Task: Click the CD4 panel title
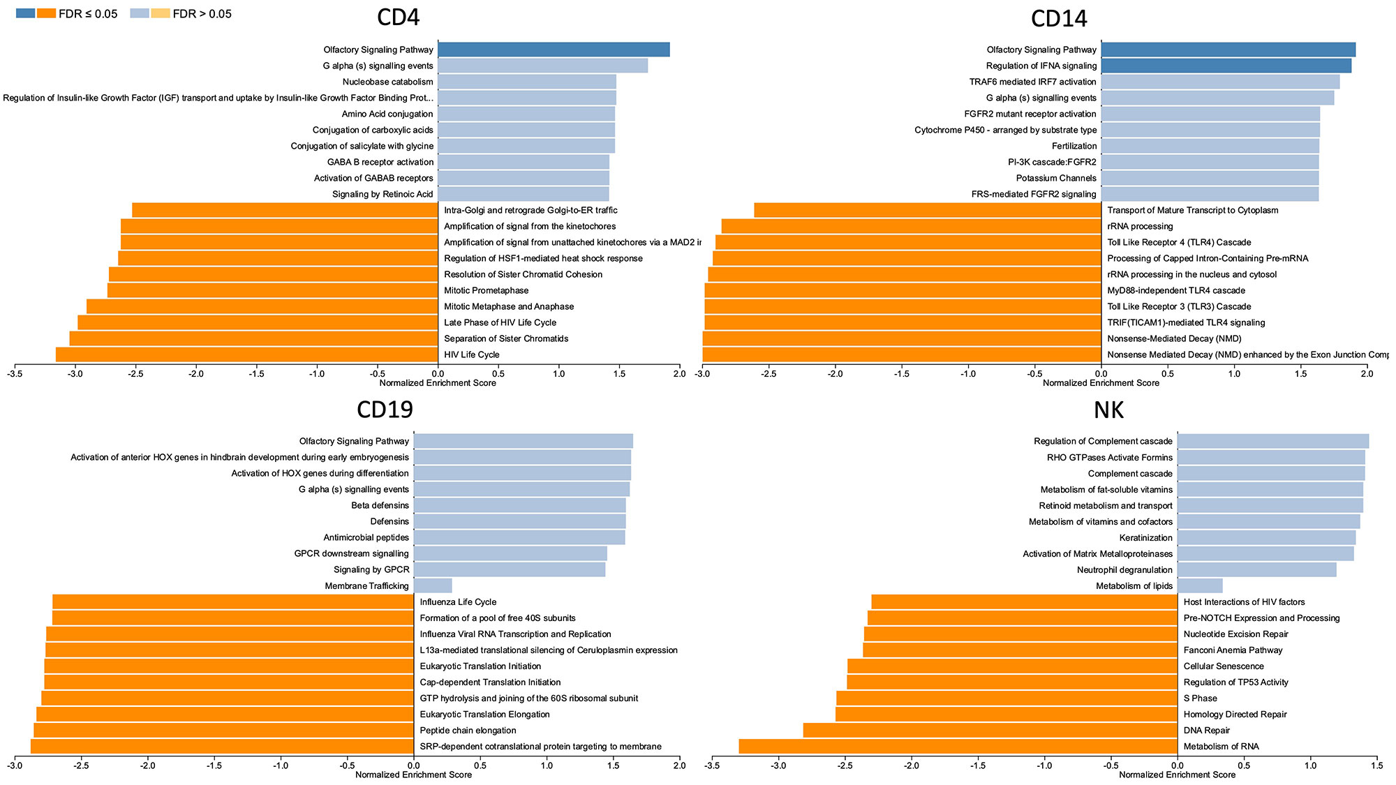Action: click(398, 17)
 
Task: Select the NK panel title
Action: click(1108, 410)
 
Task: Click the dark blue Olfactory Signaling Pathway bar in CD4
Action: click(554, 50)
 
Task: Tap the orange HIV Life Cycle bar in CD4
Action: click(246, 354)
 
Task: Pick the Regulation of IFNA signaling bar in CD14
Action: click(1226, 66)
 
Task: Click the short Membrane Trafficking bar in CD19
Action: click(433, 586)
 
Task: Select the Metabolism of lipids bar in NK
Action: click(1200, 586)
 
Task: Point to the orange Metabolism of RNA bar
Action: click(958, 747)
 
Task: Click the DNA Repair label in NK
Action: click(1206, 731)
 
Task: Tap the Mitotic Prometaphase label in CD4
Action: click(486, 290)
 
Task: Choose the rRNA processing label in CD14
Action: click(1140, 226)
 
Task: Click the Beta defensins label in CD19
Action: click(380, 505)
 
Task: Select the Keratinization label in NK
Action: click(1145, 538)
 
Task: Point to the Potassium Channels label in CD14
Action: click(1056, 178)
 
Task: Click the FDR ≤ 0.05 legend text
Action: click(88, 14)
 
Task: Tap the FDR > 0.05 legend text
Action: click(202, 14)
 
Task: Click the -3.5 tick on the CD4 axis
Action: click(15, 374)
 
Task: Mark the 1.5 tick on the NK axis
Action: click(1376, 765)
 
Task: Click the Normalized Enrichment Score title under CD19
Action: click(413, 775)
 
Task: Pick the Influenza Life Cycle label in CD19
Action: click(458, 602)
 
